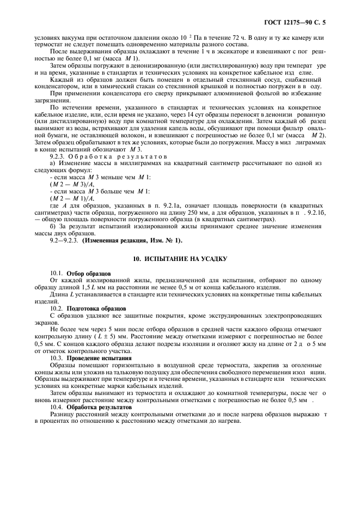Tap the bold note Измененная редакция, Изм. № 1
[132, 240]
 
